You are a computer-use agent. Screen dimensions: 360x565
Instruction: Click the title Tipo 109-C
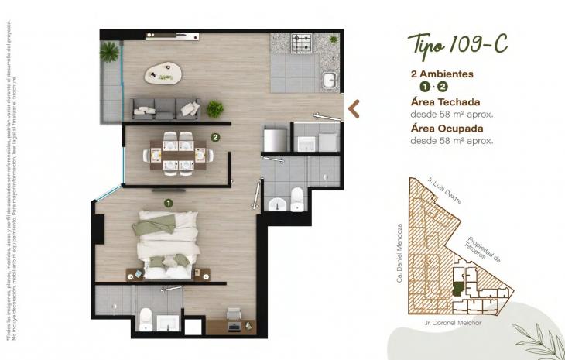pos(457,44)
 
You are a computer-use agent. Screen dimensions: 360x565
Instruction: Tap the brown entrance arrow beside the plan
pos(354,108)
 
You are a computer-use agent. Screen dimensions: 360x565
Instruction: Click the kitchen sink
pos(330,79)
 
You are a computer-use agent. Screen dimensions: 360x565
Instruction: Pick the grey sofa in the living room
pos(165,108)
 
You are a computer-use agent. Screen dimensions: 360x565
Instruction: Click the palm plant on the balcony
pos(111,52)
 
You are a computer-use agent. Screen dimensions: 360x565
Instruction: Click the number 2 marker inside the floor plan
pos(215,139)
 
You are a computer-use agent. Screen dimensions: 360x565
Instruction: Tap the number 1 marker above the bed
pos(167,203)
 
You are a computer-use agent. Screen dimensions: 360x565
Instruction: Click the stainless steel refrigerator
pos(275,140)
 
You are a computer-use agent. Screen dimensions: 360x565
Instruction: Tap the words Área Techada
pos(446,101)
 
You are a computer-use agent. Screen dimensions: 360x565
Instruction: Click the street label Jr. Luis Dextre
pos(444,191)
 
